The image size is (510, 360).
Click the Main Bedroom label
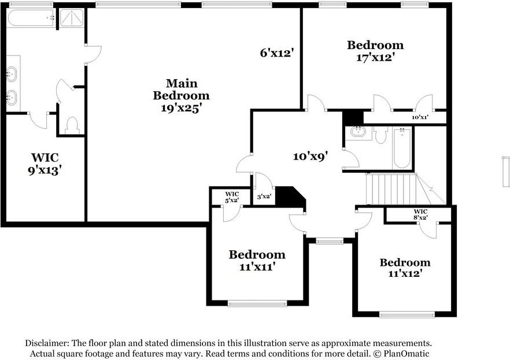tap(181, 90)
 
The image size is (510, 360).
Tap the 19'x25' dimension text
tap(180, 108)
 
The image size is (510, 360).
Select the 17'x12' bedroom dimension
tap(375, 58)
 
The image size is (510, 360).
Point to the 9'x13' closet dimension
tap(45, 170)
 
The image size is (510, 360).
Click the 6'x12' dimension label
tap(277, 53)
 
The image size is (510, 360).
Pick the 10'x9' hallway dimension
tap(310, 156)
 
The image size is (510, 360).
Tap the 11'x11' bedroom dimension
tap(257, 267)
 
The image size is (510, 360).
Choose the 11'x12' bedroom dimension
tap(405, 273)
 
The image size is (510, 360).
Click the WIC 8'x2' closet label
tap(420, 214)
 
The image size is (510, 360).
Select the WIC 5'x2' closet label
tap(231, 197)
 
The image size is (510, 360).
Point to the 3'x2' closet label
tap(264, 196)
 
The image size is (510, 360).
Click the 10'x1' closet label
tap(420, 117)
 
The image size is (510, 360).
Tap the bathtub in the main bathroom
tap(31, 18)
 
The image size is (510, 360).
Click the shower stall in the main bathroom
tap(72, 18)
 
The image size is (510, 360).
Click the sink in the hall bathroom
tap(358, 132)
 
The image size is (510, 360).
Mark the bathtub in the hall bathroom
tap(402, 147)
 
